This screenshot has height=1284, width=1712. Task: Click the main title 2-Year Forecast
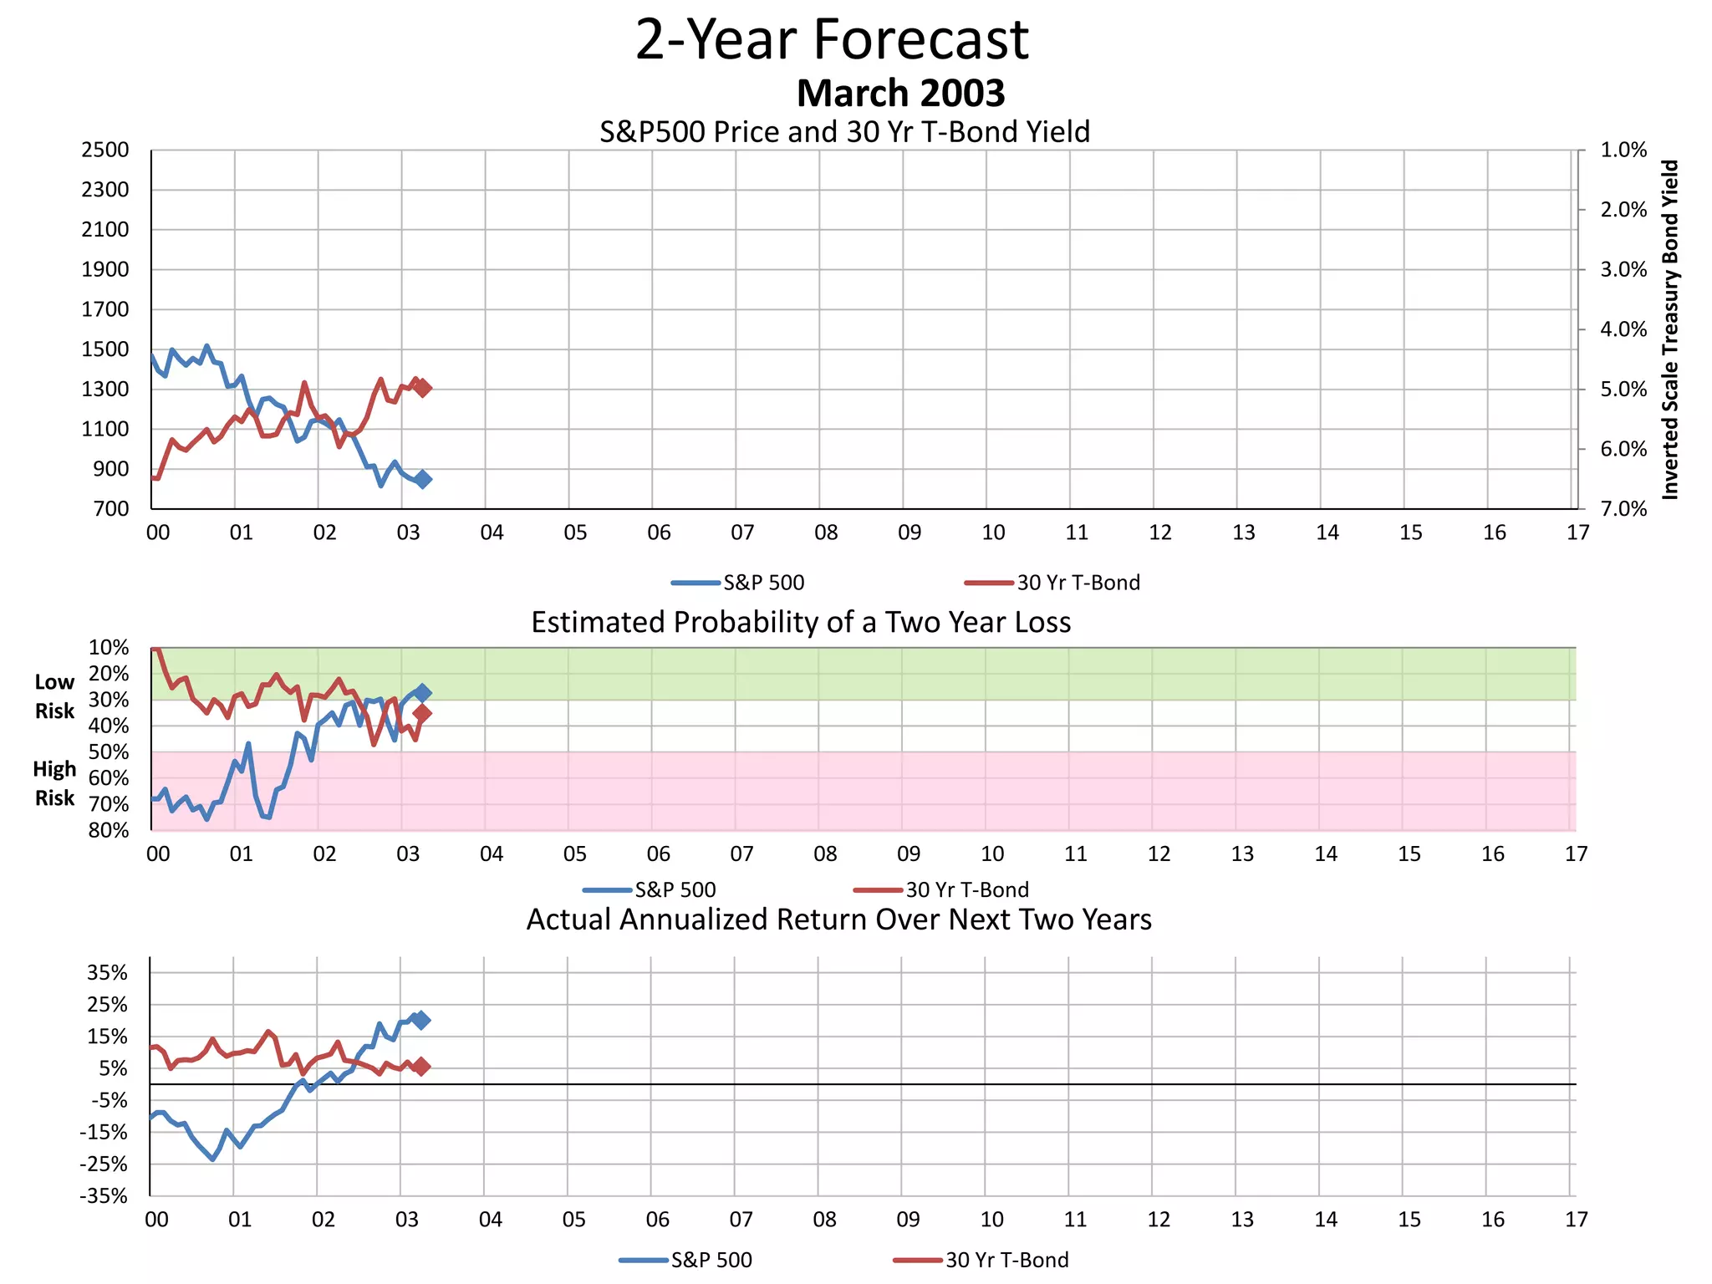pos(832,39)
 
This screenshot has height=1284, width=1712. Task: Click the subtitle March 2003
pos(900,93)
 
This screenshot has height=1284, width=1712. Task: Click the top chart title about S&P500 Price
pos(844,132)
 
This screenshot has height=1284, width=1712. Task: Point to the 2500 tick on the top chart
pos(105,150)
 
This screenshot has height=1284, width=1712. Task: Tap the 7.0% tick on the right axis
pos(1623,509)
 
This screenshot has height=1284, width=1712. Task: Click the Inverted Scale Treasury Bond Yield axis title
pos(1669,329)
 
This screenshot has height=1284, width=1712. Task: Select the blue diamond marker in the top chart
pos(423,479)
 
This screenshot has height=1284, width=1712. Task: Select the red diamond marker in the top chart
pos(423,388)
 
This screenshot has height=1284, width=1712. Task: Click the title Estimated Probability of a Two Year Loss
pos(801,623)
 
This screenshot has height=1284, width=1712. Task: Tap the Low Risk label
pos(54,696)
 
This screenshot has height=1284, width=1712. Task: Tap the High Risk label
pos(54,783)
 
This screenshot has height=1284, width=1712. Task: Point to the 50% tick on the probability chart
pos(109,752)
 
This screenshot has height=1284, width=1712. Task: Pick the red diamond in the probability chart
pos(422,713)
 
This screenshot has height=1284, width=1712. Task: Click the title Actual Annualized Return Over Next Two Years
pos(838,920)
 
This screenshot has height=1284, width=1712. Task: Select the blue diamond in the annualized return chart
pos(421,1020)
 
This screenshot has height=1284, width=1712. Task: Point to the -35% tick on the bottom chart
pos(104,1196)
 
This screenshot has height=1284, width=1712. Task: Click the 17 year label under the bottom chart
pos(1576,1220)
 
